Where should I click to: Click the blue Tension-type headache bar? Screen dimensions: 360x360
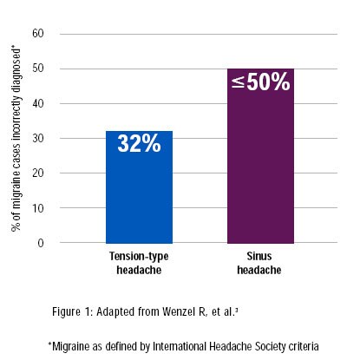(139, 187)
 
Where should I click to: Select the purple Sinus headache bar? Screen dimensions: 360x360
(260, 156)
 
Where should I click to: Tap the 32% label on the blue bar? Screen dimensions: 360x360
(139, 143)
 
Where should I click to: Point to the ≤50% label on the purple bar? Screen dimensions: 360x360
(261, 82)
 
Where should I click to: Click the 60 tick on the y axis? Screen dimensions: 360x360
(38, 34)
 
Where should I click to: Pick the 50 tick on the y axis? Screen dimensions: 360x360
(38, 69)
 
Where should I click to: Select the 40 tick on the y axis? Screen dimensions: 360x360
(38, 103)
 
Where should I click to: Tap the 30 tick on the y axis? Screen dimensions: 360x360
(38, 138)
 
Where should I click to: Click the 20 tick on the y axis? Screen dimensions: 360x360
(38, 173)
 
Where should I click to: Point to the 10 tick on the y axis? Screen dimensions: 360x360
(38, 208)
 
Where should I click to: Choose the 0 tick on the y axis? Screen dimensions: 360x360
(41, 243)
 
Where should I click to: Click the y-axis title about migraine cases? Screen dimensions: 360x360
(16, 138)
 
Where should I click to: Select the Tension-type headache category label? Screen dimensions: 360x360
(139, 263)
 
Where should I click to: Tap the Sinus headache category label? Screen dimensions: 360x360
(259, 263)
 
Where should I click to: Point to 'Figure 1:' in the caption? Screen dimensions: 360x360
(72, 311)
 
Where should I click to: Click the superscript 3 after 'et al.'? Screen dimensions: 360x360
(237, 310)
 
